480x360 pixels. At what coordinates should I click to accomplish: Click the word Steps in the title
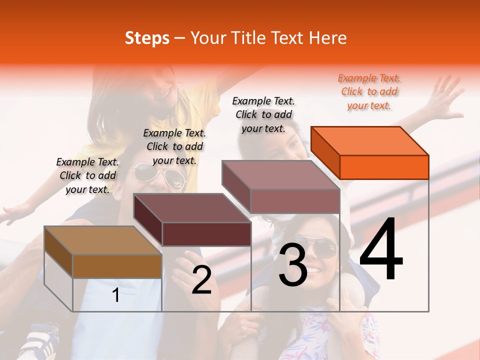147,38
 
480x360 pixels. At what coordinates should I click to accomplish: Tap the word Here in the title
327,38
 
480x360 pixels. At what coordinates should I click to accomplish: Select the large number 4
381,249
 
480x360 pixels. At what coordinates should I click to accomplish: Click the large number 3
293,265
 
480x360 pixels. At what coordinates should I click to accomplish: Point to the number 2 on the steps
201,280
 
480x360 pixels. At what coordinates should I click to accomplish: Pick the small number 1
116,295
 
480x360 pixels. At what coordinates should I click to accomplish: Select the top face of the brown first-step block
103,240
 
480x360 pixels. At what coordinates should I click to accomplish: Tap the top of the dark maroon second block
192,207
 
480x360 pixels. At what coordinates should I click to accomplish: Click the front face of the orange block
384,167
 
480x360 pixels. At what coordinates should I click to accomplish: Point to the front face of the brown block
117,266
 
